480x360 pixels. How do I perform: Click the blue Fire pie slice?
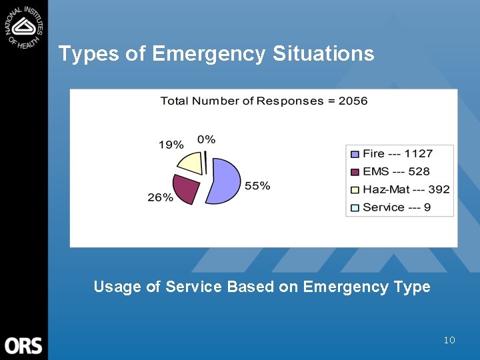[224, 182]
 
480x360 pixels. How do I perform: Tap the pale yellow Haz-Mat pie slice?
[190, 163]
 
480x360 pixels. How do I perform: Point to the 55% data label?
[257, 186]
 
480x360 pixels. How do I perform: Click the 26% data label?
[160, 197]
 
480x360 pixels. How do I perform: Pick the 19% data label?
[171, 144]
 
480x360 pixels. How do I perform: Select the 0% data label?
[206, 139]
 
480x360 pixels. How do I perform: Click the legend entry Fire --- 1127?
[397, 154]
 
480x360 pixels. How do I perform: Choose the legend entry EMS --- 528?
[396, 171]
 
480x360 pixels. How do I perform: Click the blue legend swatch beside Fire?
[355, 154]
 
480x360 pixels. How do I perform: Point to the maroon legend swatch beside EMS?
[355, 172]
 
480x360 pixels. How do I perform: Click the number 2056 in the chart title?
[353, 101]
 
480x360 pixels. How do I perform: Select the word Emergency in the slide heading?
[209, 53]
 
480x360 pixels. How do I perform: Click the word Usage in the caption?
[117, 287]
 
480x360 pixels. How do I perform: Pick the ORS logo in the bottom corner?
[23, 345]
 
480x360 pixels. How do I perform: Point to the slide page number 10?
[449, 341]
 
